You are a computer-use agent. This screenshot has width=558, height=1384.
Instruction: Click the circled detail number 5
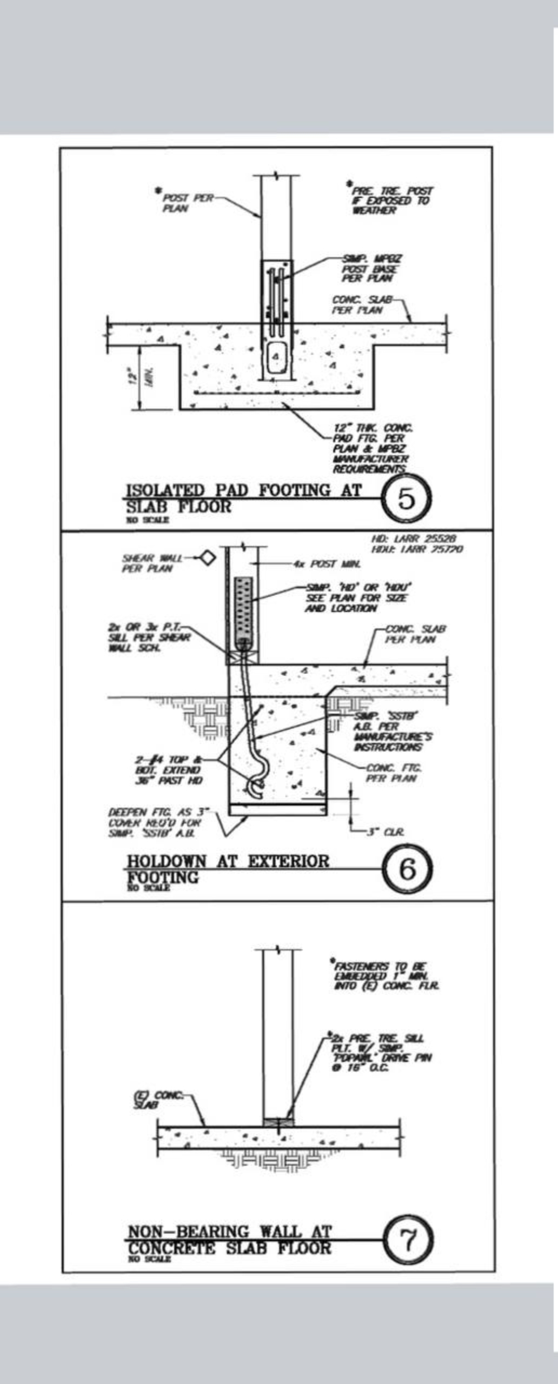pos(407,498)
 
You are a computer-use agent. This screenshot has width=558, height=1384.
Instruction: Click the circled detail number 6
pos(407,869)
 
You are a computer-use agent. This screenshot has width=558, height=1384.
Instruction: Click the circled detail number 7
pos(409,1242)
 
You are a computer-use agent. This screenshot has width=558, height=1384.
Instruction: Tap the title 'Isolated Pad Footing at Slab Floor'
pos(243,498)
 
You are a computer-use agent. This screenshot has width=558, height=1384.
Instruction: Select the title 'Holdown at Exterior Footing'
pos(228,868)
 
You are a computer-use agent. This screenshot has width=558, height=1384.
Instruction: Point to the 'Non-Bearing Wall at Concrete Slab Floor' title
pos(229,1241)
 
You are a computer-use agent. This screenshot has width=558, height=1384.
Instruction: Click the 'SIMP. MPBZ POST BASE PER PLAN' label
pos(372,269)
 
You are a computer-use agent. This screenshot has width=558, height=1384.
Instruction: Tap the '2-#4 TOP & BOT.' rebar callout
pos(168,770)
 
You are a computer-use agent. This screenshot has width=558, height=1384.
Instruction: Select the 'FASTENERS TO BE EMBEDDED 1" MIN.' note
pos(386,976)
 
